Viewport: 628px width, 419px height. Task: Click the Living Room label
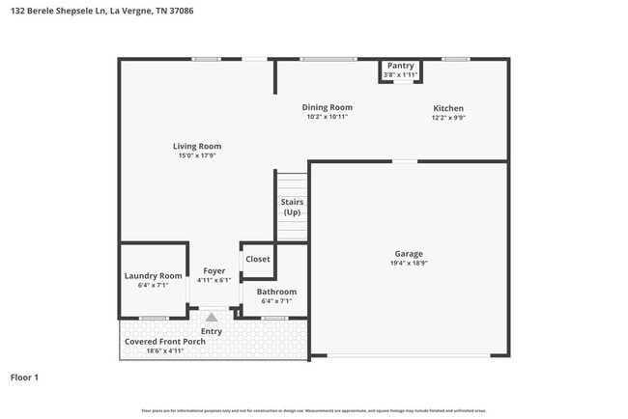(197, 146)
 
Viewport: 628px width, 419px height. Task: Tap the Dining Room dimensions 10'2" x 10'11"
(327, 117)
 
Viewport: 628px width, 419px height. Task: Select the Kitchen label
(447, 108)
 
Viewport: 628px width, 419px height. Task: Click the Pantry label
(400, 66)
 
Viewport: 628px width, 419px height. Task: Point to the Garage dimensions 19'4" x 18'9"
(407, 263)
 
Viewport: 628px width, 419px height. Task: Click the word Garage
(407, 253)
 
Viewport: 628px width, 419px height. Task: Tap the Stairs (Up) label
(292, 207)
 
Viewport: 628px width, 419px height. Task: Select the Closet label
(258, 259)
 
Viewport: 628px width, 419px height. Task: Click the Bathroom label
(276, 292)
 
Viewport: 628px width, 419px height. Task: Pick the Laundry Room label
(153, 276)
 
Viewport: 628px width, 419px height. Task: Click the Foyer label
(214, 271)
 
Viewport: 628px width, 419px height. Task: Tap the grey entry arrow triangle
(212, 316)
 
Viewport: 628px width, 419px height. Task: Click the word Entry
(212, 331)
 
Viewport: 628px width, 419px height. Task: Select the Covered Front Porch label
(165, 342)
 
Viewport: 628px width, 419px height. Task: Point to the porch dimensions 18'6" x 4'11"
(165, 351)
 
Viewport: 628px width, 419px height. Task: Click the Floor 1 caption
(24, 377)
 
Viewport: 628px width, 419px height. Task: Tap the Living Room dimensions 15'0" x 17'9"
(197, 155)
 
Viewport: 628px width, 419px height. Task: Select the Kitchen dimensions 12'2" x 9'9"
(447, 118)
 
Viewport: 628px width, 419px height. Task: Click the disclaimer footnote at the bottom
(313, 410)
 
